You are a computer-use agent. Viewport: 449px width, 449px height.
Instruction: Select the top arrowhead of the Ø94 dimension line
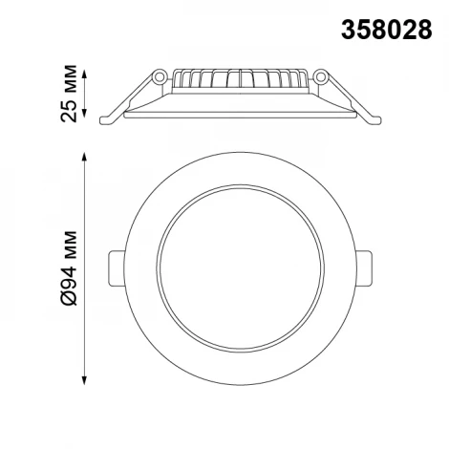pyautogui.click(x=88, y=156)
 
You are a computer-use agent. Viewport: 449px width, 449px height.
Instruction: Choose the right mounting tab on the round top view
pyautogui.click(x=365, y=267)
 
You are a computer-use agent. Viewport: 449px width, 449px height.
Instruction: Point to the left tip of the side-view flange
pyautogui.click(x=104, y=118)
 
